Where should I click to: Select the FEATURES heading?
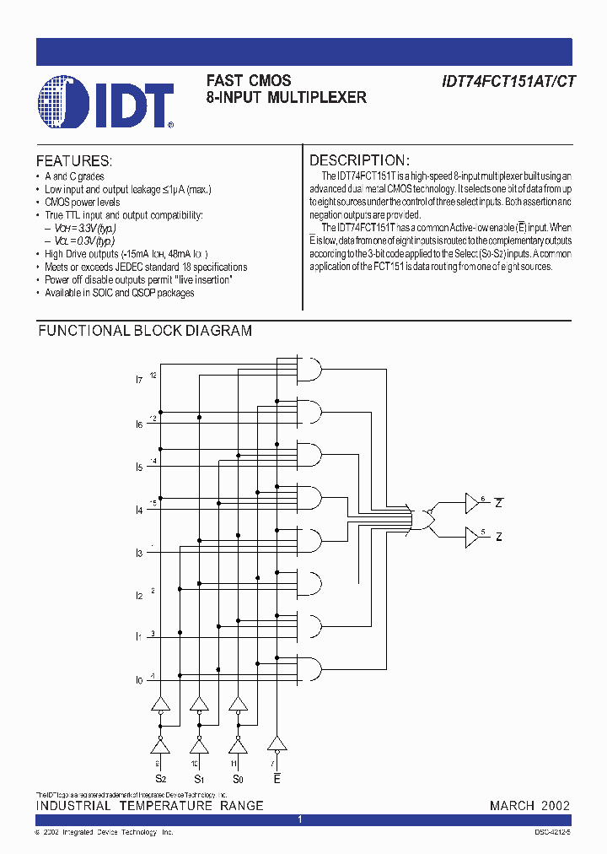74,160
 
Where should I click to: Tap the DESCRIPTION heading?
359,160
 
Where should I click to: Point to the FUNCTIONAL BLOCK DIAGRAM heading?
145,331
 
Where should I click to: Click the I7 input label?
139,381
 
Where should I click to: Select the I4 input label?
139,510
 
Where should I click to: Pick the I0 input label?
139,680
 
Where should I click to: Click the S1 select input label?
199,779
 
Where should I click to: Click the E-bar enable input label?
277,779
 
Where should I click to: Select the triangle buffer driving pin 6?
471,505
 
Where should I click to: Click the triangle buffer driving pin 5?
471,537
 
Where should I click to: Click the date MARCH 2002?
529,806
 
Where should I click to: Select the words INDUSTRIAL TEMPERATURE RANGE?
149,806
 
